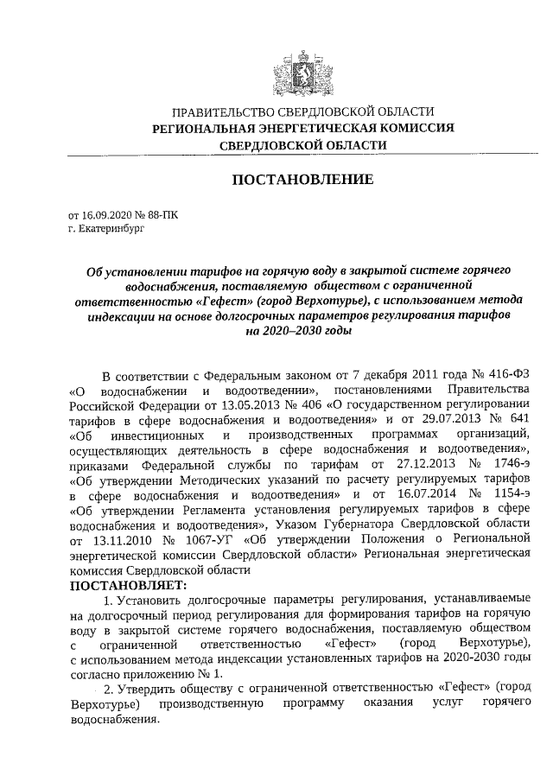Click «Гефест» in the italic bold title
tap(222, 300)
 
